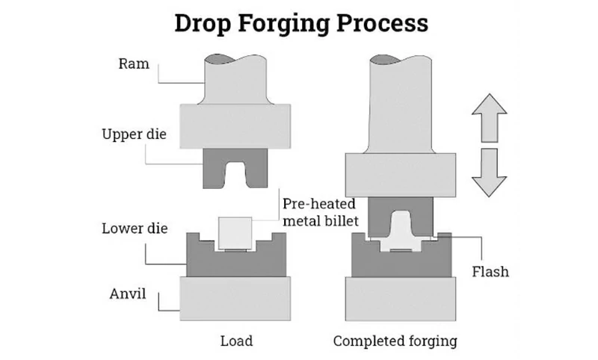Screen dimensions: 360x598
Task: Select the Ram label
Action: [134, 63]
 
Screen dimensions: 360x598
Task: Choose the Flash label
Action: [490, 271]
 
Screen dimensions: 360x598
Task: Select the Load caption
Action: [236, 341]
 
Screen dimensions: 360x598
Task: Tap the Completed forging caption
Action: [395, 341]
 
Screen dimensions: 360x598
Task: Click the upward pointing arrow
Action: [490, 119]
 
